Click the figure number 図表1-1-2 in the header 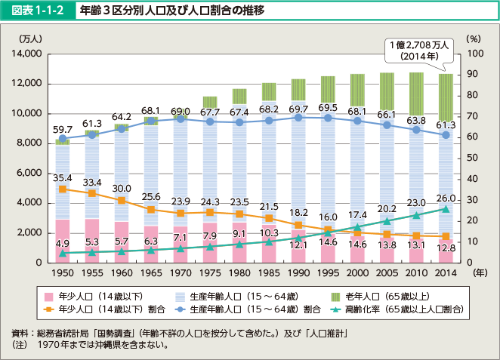pyautogui.click(x=35, y=12)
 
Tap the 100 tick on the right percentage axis pyautogui.click(x=474, y=54)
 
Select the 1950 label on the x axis pyautogui.click(x=62, y=274)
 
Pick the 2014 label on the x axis pyautogui.click(x=446, y=274)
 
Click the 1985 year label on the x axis pyautogui.click(x=269, y=274)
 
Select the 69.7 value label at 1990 pyautogui.click(x=298, y=110)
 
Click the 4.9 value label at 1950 pyautogui.click(x=62, y=243)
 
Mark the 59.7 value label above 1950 pyautogui.click(x=62, y=130)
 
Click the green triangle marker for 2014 pyautogui.click(x=446, y=208)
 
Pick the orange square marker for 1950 pyautogui.click(x=62, y=189)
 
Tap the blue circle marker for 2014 pyautogui.click(x=446, y=135)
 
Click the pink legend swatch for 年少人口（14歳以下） pyautogui.click(x=49, y=297)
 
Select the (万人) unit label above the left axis pyautogui.click(x=31, y=38)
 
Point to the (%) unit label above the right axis pyautogui.click(x=474, y=38)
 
